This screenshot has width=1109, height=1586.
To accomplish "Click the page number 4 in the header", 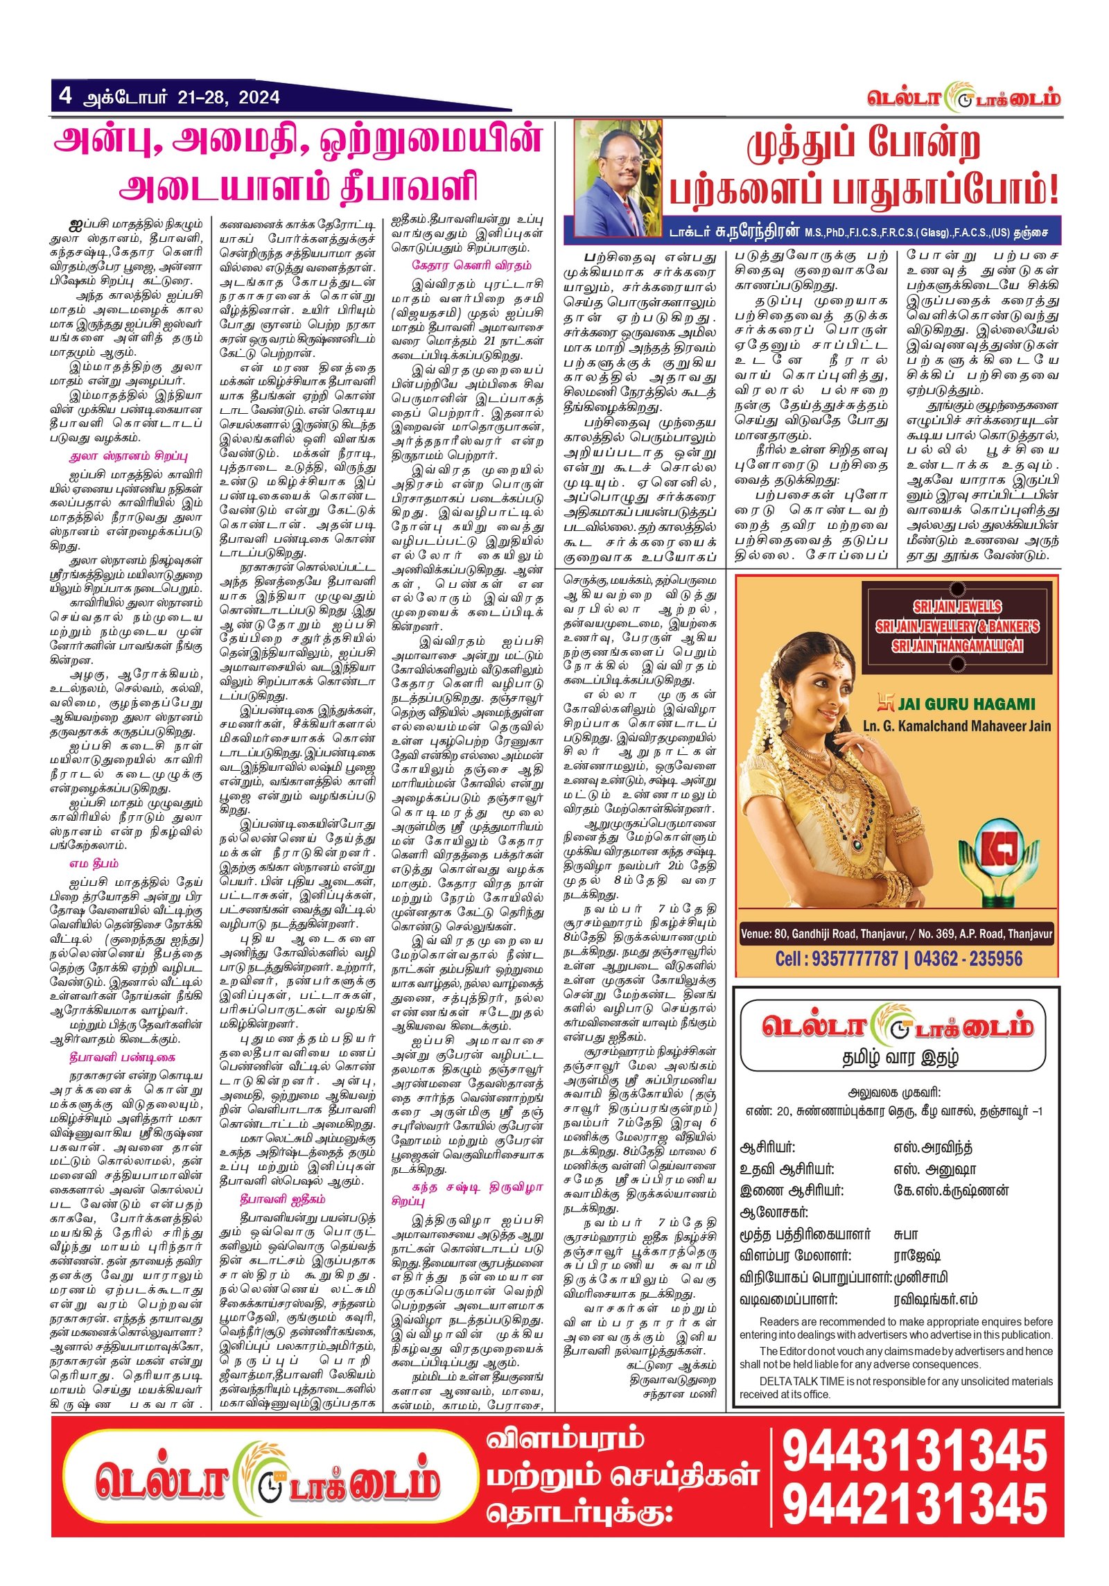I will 65,95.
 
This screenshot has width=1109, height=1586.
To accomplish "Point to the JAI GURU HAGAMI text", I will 966,704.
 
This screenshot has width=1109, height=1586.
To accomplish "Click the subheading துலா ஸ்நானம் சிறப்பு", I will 128,456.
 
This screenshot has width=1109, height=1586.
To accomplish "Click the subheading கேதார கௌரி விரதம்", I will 471,265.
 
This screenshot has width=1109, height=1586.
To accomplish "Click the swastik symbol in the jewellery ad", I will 885,704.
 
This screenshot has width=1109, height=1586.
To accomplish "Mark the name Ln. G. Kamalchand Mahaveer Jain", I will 957,726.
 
